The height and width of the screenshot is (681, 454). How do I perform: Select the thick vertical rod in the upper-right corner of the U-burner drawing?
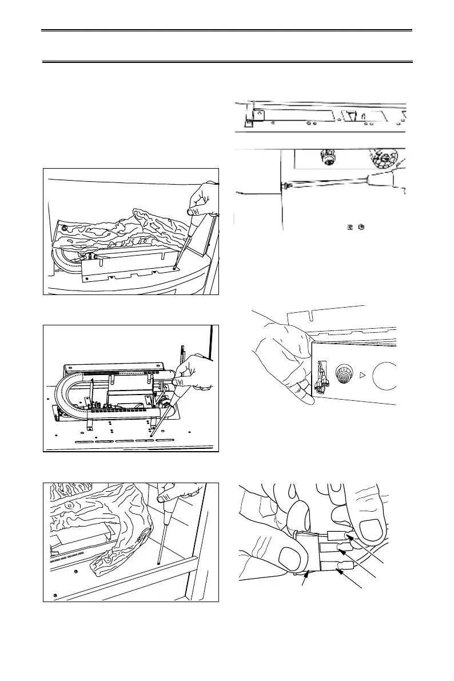pos(212,343)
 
